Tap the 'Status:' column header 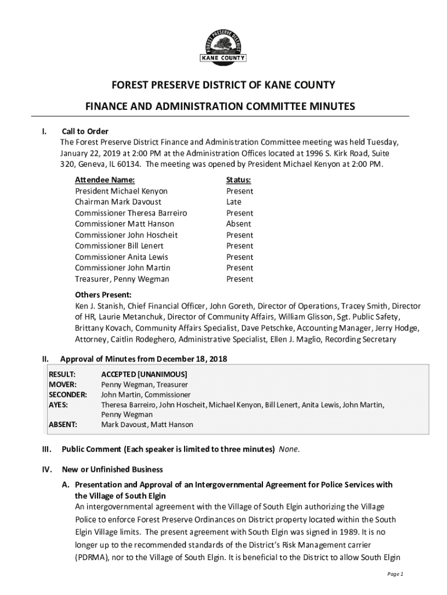pos(239,180)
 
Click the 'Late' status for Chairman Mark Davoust pos(234,202)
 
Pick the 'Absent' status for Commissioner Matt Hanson pos(239,224)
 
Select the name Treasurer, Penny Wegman pos(122,279)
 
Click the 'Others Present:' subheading pos(103,295)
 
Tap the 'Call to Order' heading pos(85,131)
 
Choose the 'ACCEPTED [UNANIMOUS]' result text pos(144,374)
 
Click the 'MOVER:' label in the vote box pos(62,385)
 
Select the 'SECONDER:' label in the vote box pos(67,395)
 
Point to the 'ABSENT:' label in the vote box pos(63,425)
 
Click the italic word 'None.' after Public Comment pos(290,449)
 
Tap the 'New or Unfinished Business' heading pos(113,469)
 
